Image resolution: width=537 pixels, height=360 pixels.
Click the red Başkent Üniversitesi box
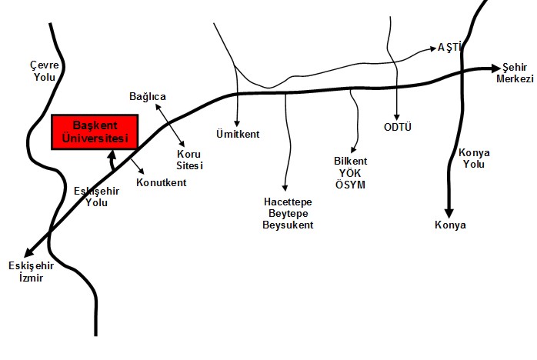(94, 132)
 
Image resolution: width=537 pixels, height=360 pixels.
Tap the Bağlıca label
(147, 97)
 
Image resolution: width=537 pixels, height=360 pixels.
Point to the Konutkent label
(161, 183)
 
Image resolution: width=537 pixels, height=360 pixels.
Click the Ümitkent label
(238, 135)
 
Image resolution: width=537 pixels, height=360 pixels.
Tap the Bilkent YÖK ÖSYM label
(350, 173)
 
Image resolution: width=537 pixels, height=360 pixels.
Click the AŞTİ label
(449, 48)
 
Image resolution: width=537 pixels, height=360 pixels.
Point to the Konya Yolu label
(474, 158)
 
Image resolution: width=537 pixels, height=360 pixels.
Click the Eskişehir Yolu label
(96, 197)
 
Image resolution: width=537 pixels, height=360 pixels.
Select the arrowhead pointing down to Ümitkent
(237, 123)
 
